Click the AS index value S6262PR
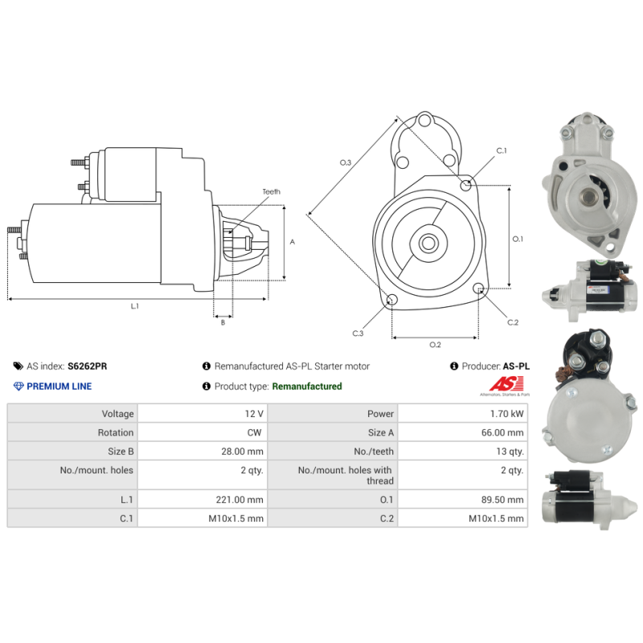(88, 367)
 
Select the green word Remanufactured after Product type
(307, 387)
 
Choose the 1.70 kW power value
(507, 414)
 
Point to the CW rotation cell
(254, 432)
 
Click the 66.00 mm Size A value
(502, 432)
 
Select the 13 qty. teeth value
(510, 452)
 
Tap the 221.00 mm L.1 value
(240, 500)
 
